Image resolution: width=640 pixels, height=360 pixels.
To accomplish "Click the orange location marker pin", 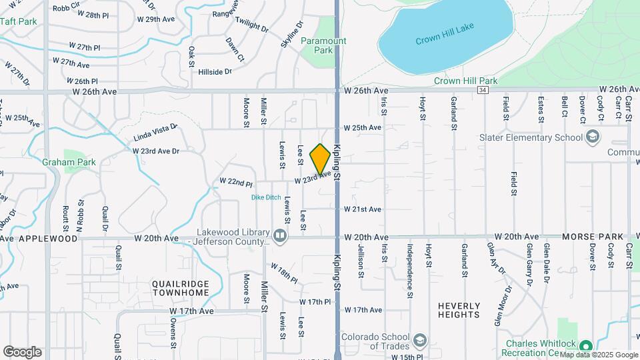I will click(320, 159).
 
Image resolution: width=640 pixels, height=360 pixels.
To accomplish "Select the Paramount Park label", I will click(323, 45).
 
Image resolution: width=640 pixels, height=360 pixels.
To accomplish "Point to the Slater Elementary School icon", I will click(591, 137).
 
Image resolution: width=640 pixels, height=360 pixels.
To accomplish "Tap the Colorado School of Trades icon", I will click(419, 340).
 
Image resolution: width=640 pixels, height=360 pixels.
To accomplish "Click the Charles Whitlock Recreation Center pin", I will click(585, 347).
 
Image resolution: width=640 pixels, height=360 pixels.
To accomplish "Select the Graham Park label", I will click(69, 162).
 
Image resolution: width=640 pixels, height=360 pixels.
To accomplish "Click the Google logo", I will click(22, 352).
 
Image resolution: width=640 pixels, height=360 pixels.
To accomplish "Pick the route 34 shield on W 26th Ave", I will click(483, 89).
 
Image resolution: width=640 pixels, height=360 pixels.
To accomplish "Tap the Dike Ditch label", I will click(265, 197).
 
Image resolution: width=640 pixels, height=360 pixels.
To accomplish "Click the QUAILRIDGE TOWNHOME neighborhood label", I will click(180, 288).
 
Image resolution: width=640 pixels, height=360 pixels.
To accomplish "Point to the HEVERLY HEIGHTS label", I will click(459, 310).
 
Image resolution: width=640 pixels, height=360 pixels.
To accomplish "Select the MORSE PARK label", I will click(593, 237).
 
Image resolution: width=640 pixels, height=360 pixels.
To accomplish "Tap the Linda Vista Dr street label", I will click(155, 131).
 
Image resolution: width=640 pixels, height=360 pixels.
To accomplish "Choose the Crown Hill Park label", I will click(465, 81).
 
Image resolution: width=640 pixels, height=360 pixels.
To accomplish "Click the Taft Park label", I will click(19, 21).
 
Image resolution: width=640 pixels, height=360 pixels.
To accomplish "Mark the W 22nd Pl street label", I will click(236, 182).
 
